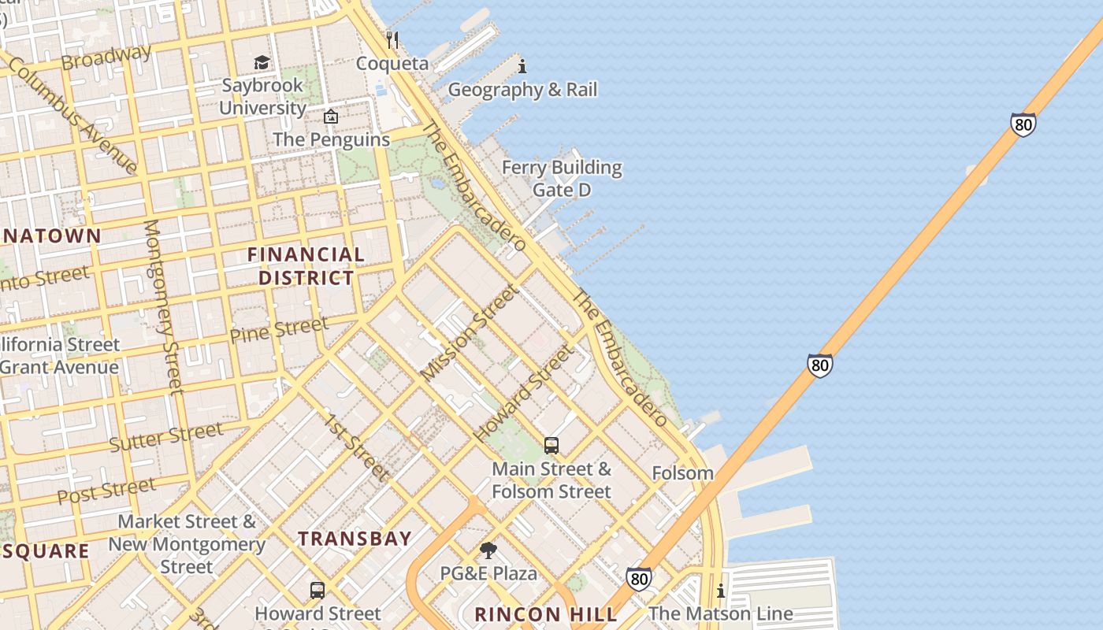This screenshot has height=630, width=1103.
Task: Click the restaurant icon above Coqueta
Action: click(x=392, y=39)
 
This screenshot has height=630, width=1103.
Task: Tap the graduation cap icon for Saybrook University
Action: click(x=262, y=62)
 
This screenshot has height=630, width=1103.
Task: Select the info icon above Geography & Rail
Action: click(x=522, y=66)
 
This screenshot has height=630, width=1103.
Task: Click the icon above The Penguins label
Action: click(x=331, y=117)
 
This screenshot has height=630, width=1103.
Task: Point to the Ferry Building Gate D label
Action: click(x=562, y=179)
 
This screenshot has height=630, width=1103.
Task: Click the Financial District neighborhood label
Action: click(x=306, y=266)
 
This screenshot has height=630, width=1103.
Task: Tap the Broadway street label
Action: click(x=106, y=57)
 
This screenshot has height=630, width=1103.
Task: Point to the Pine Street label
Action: click(x=279, y=329)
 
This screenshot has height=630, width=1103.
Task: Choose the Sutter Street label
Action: click(x=166, y=437)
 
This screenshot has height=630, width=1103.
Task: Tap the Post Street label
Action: click(x=106, y=491)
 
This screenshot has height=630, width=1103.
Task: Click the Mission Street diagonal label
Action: click(x=470, y=332)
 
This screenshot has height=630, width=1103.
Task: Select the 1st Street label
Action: click(x=356, y=447)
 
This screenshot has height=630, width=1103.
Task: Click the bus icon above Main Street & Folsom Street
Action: click(x=551, y=446)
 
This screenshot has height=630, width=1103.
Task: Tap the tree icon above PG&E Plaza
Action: click(x=488, y=550)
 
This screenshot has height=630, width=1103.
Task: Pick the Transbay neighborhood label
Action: click(x=355, y=539)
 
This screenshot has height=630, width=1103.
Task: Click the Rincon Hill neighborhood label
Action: click(x=529, y=614)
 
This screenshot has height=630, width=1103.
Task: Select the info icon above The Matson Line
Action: click(x=720, y=591)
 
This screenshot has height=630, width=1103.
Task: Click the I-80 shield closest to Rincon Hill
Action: click(x=639, y=579)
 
